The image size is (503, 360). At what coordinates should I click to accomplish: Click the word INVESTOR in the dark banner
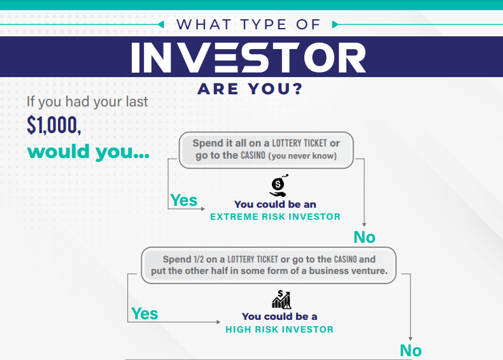pos(248,57)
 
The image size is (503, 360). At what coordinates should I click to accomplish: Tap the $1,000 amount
pos(54,125)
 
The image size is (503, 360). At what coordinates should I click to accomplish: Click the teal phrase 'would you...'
pos(89,152)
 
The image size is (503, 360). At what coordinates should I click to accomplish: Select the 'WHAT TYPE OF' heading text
pos(248,24)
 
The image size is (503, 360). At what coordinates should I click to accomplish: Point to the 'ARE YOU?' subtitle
pos(250,89)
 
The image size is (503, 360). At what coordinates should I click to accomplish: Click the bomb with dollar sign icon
pos(278,185)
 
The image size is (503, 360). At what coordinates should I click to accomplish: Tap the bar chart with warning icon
pos(281,299)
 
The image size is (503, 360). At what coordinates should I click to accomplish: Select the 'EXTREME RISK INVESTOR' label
pos(275,217)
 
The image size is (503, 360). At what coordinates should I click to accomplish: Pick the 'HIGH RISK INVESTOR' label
pos(280,329)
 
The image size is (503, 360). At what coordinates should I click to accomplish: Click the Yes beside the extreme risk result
pos(183,200)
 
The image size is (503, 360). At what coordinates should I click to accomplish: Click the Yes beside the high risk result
pos(145,313)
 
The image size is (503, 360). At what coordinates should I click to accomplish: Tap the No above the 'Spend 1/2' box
pos(364,237)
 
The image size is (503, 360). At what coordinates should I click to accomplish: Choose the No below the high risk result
pos(411,350)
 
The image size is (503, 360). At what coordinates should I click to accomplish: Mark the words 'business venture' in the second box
pos(348,271)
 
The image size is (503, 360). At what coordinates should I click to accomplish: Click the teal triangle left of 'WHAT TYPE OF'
pos(161,24)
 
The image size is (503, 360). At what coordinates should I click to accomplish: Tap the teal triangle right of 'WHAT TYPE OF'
pos(335,24)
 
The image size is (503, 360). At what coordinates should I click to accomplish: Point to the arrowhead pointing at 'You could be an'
pos(202,209)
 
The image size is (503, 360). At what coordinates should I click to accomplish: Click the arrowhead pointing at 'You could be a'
pos(218,322)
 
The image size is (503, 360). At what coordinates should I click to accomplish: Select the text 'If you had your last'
pos(87,102)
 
